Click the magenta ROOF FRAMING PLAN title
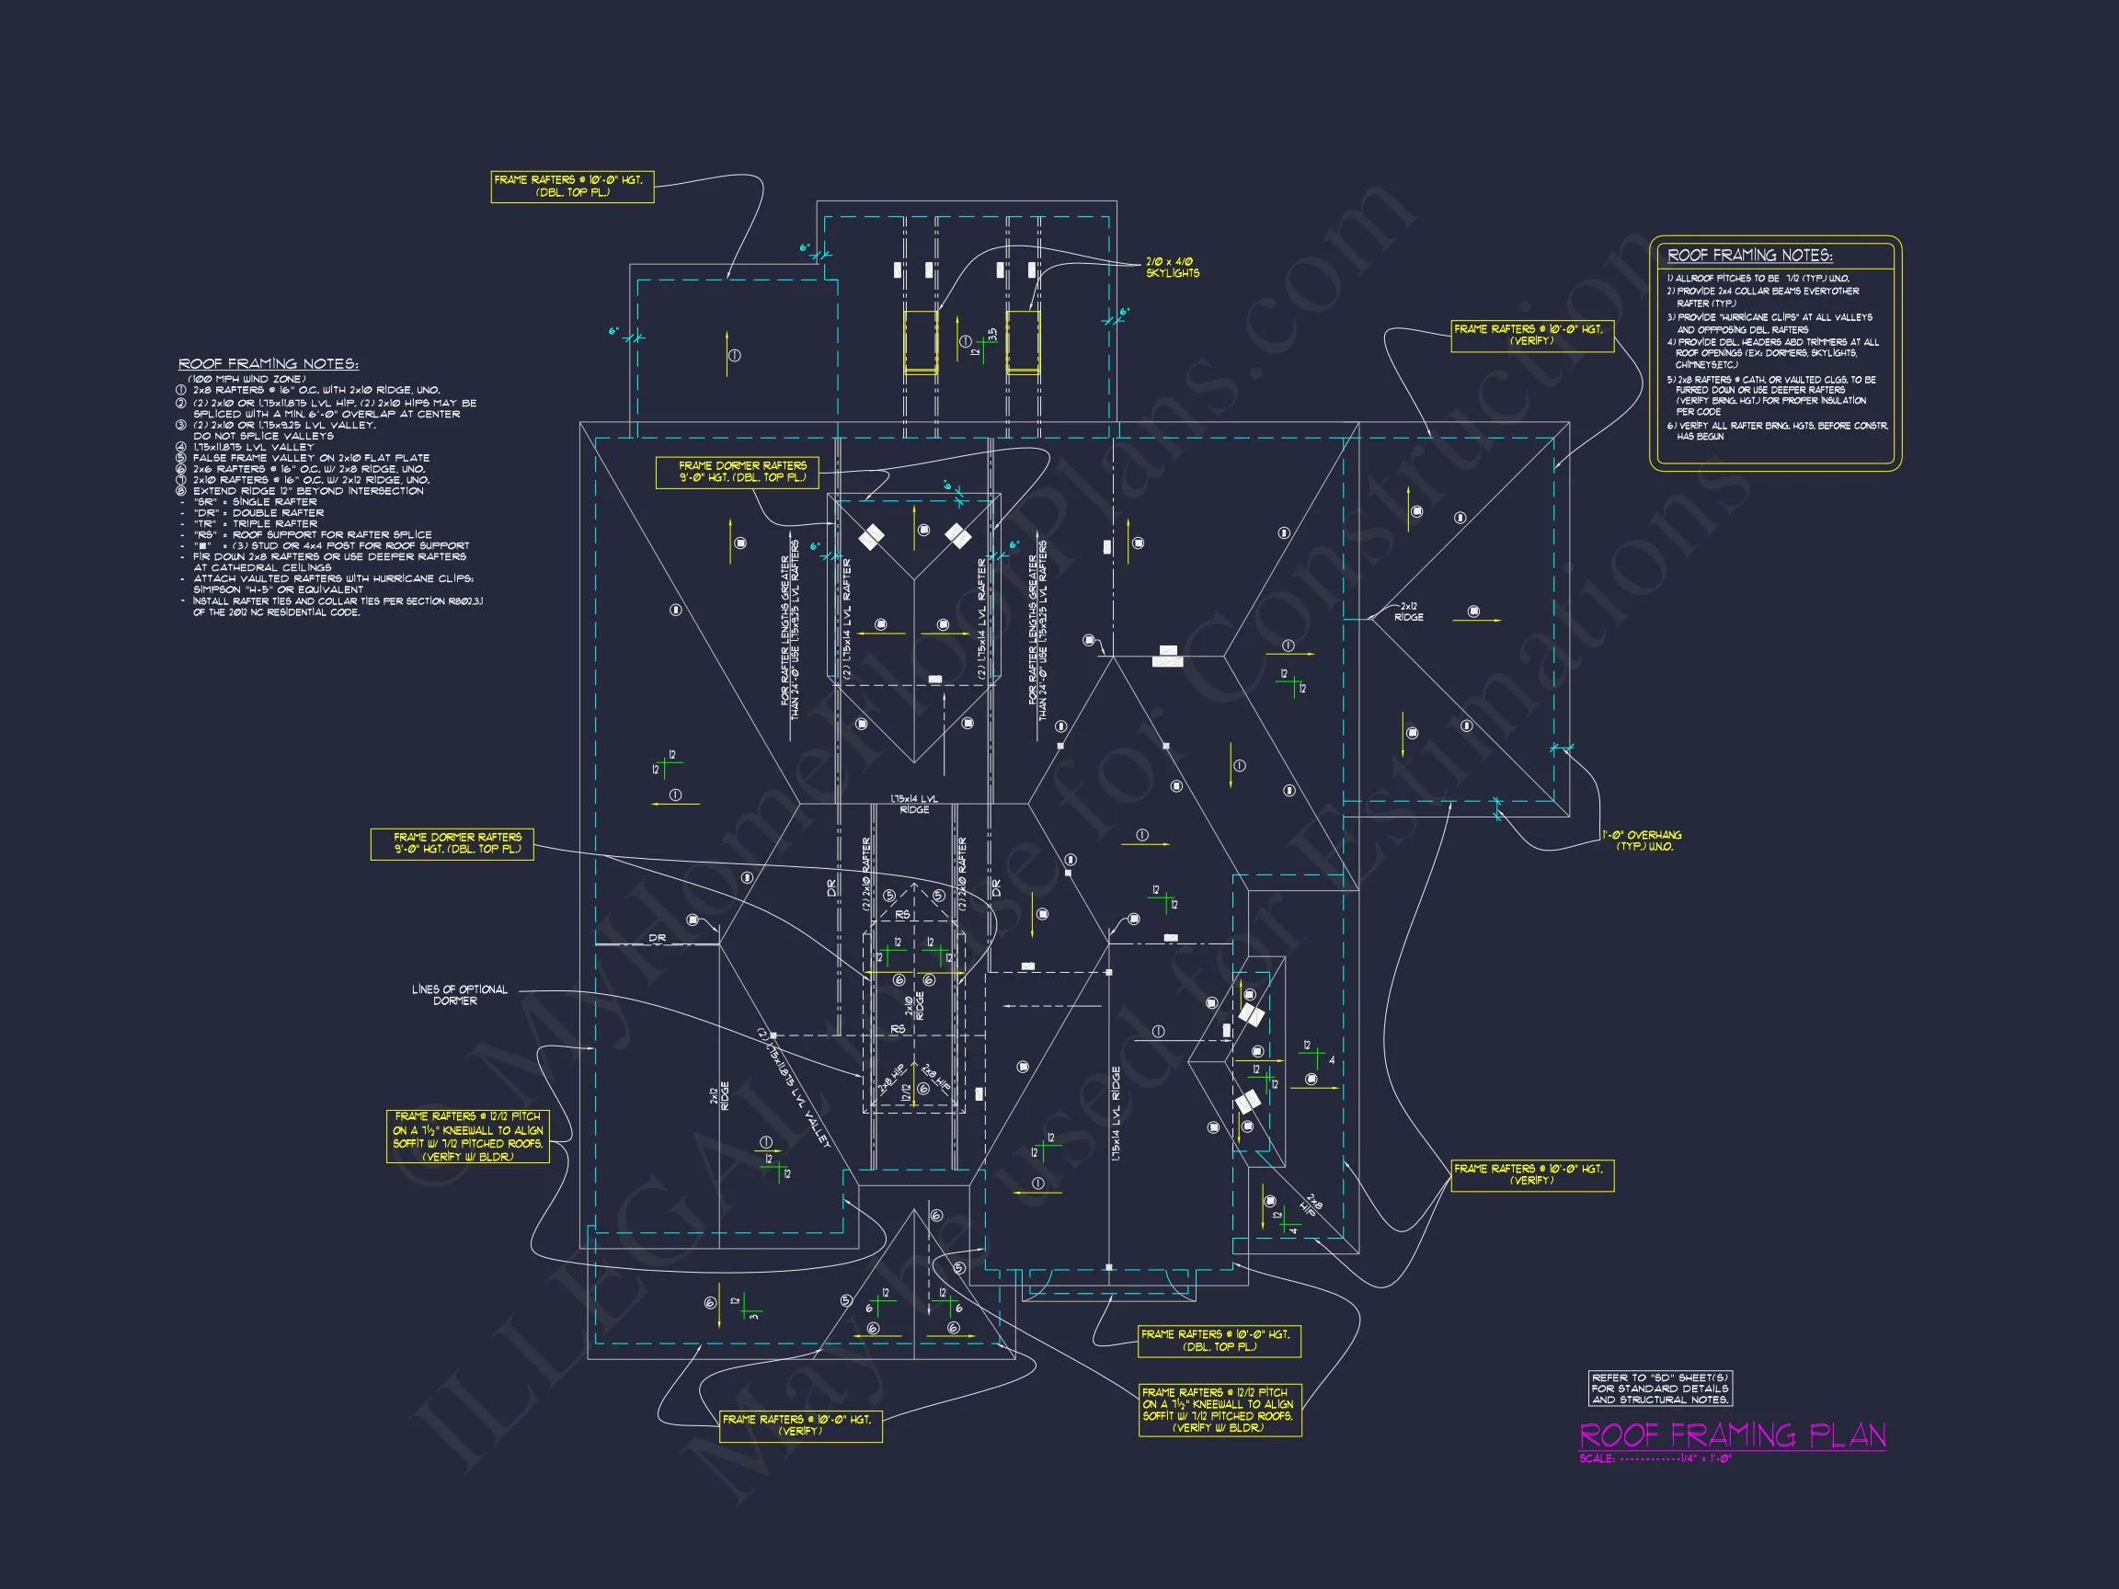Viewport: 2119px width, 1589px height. click(x=1732, y=1435)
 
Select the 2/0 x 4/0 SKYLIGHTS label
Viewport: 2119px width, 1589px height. click(x=1172, y=268)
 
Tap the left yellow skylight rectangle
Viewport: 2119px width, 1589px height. click(x=921, y=341)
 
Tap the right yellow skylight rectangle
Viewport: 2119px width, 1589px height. click(x=1022, y=341)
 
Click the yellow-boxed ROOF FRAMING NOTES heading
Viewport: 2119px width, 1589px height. click(x=1749, y=256)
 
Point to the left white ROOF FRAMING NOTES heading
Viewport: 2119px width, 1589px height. click(x=269, y=364)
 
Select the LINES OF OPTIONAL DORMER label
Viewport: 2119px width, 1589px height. click(x=459, y=995)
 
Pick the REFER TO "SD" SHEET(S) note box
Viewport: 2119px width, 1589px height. click(x=1660, y=1388)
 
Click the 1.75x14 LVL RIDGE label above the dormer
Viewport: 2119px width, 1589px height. click(x=914, y=804)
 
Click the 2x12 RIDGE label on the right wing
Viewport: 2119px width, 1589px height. click(x=1408, y=612)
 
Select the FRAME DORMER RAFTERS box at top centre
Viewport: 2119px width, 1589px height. click(x=737, y=471)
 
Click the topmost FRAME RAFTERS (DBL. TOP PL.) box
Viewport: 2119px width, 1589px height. click(x=572, y=186)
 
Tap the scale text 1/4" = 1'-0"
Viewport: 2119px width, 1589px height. click(x=1705, y=1458)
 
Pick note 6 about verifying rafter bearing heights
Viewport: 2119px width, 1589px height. click(x=1777, y=430)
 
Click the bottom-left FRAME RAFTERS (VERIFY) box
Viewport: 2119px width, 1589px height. click(x=800, y=1425)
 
